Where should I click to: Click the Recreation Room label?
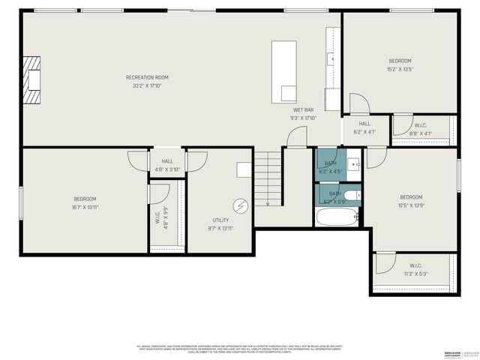coord(147,77)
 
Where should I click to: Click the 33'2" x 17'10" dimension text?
coord(147,85)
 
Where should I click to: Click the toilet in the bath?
coord(358,195)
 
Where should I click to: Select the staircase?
coord(267,178)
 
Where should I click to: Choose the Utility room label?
coord(220,220)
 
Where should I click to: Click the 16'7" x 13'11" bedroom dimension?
coord(84,206)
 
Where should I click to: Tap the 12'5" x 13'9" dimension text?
coord(411,205)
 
